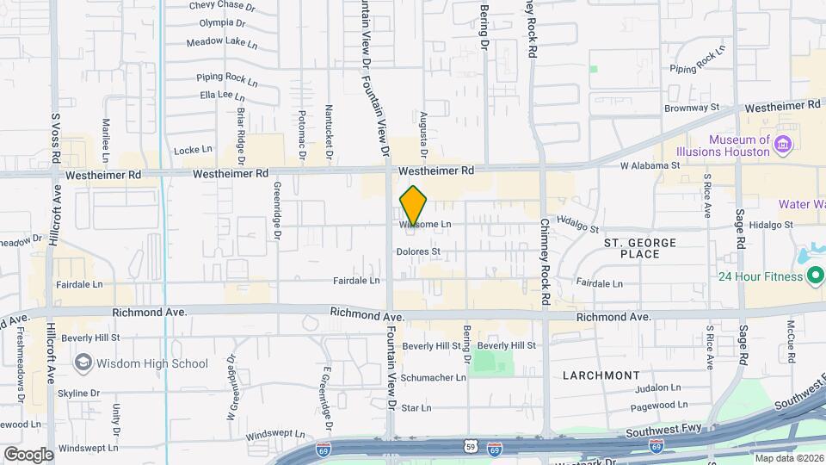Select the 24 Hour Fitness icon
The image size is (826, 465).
pyautogui.click(x=815, y=276)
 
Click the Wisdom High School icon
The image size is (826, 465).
pyautogui.click(x=83, y=363)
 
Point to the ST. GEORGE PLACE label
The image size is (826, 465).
pyautogui.click(x=639, y=248)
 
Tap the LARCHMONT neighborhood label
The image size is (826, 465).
pyautogui.click(x=601, y=375)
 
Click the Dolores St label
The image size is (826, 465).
pyautogui.click(x=418, y=252)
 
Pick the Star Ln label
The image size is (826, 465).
pyautogui.click(x=416, y=407)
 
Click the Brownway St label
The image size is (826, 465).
pyautogui.click(x=691, y=108)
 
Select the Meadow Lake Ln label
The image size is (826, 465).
pyautogui.click(x=222, y=41)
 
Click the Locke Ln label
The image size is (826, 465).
pyautogui.click(x=193, y=150)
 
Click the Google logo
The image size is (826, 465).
pyautogui.click(x=28, y=455)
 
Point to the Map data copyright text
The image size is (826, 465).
pyautogui.click(x=788, y=458)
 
